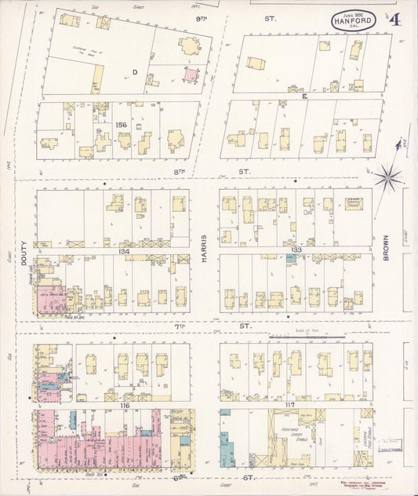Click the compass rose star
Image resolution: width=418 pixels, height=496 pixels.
[387, 178]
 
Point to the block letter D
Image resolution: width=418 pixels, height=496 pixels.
[135, 72]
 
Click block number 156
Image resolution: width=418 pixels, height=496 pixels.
[122, 125]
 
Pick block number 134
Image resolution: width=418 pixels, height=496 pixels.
[124, 251]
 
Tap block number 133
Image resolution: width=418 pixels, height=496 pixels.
[296, 250]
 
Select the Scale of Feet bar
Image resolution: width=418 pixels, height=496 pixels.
[306, 340]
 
